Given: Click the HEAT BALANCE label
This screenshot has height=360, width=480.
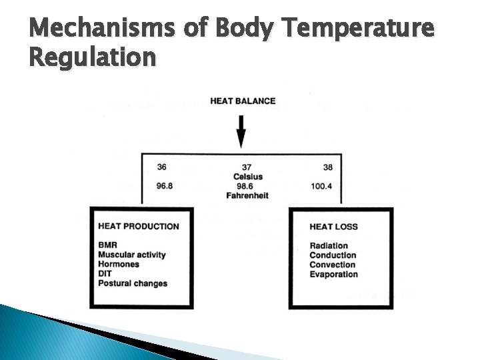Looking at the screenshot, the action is [243, 101].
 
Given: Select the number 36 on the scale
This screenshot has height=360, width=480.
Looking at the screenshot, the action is [162, 167].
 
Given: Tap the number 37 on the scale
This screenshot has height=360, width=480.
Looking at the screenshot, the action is [247, 167].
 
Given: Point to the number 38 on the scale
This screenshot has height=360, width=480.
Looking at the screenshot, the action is [327, 167].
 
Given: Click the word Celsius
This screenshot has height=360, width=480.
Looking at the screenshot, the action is [248, 177].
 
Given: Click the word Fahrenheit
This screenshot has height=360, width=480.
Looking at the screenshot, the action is [248, 196].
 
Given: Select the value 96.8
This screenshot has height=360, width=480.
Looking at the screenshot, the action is [165, 186].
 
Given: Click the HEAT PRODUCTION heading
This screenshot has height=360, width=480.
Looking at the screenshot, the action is [138, 226].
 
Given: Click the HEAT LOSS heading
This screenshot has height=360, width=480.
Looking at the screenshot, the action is [333, 227].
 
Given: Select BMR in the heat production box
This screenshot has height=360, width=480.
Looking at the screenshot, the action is [107, 245].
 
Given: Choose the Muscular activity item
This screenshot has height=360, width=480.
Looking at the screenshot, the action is [131, 255].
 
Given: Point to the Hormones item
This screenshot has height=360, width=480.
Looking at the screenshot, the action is [119, 264].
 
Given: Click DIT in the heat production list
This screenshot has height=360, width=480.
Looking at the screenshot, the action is [105, 273].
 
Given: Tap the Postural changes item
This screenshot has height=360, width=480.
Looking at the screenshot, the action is [133, 283].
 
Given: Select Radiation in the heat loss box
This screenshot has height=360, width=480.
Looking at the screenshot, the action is [329, 246].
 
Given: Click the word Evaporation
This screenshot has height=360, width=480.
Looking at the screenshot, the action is [333, 274].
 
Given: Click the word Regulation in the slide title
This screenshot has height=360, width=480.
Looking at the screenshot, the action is [93, 58].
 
